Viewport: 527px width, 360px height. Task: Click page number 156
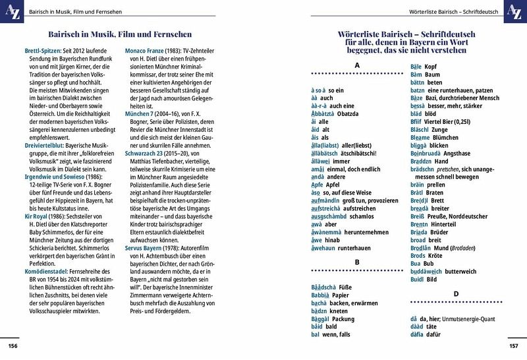(x=13, y=346)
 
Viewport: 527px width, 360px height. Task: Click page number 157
(x=514, y=346)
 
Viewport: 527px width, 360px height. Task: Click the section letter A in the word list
(x=356, y=65)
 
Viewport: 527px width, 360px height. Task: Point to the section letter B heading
(x=356, y=262)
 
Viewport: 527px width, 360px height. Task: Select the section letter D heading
(x=455, y=293)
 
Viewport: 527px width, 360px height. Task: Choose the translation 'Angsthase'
(x=451, y=152)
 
